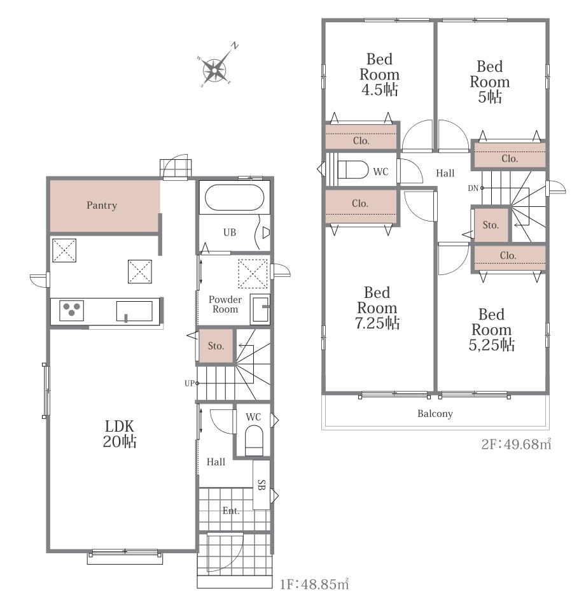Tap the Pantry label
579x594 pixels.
tap(102, 206)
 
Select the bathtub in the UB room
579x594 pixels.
tap(234, 197)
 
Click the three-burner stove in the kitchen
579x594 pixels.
tap(71, 310)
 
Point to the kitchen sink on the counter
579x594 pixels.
tap(134, 311)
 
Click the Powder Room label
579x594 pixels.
tap(225, 304)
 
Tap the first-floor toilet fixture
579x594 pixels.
tap(254, 440)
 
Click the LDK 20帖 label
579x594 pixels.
tap(120, 434)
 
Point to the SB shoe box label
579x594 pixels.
tap(262, 485)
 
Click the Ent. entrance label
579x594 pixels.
tap(231, 511)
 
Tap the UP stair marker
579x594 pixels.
tap(190, 383)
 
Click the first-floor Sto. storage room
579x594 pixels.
tap(216, 346)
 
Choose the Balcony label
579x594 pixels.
tap(435, 414)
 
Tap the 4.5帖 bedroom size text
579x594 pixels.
tap(380, 90)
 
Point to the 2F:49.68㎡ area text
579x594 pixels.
tap(516, 444)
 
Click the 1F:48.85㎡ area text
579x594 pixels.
tap(314, 584)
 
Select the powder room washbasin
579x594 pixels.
tap(260, 309)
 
